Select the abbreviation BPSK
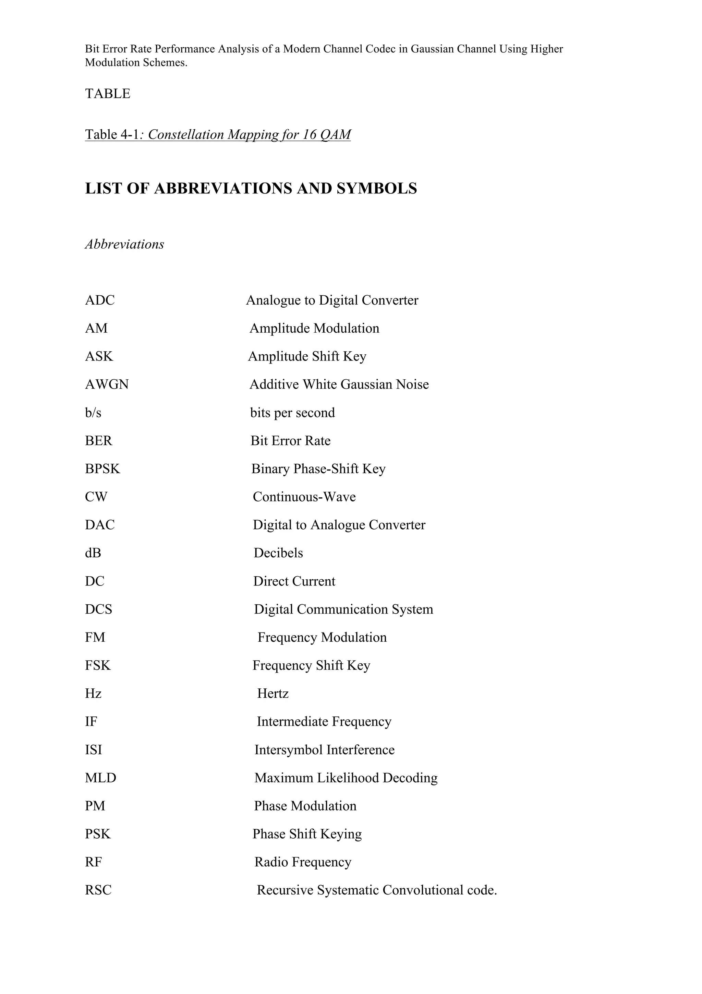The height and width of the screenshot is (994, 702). (x=102, y=469)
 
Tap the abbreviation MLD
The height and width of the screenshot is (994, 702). (x=100, y=778)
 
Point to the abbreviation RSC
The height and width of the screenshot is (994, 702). (x=98, y=890)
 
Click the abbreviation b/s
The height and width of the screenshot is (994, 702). (x=93, y=413)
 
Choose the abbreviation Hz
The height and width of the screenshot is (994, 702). (x=93, y=693)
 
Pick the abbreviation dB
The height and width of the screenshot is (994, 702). (x=93, y=553)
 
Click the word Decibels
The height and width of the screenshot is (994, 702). (x=278, y=553)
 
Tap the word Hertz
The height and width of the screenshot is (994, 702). (x=273, y=693)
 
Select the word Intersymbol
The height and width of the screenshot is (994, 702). (x=288, y=749)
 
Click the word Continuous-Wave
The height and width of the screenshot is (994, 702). (x=304, y=497)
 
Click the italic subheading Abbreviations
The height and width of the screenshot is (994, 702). (x=124, y=244)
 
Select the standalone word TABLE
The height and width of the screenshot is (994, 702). (x=107, y=94)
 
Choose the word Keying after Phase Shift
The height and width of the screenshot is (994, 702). (x=341, y=834)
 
